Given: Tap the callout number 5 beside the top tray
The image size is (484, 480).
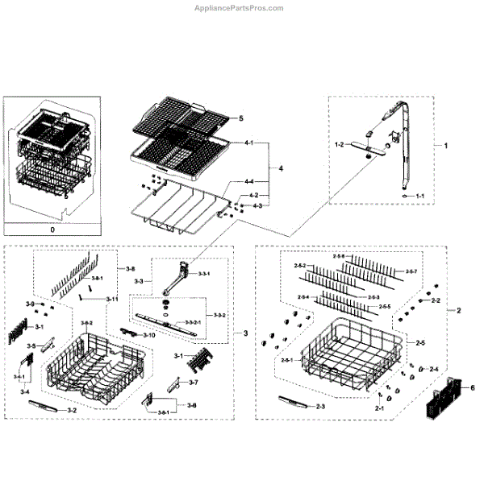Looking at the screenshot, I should (240, 118).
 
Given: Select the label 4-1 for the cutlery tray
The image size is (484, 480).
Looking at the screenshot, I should (248, 143).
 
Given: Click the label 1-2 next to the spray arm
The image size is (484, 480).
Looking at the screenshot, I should (340, 144).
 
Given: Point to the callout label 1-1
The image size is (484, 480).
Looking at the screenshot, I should (419, 196).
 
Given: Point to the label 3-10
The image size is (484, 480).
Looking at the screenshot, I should (149, 334).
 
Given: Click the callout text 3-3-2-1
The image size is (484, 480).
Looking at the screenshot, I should (193, 322).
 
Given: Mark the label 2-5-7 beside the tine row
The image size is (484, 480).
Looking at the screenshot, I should (411, 271).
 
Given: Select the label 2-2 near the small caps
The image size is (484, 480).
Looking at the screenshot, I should (436, 300).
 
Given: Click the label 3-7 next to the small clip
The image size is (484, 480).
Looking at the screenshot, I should (194, 381).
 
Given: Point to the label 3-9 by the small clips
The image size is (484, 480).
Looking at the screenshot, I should (31, 304).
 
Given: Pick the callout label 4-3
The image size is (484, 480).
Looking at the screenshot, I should (257, 206).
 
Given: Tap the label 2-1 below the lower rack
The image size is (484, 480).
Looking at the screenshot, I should (378, 409).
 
